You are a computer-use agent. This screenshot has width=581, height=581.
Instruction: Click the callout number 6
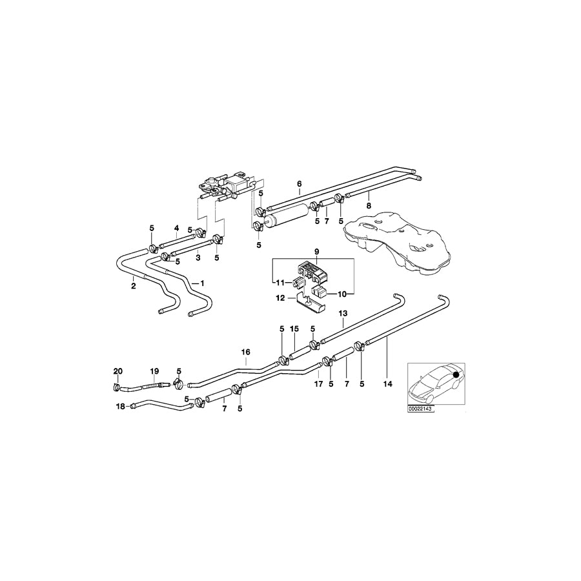(x=299, y=184)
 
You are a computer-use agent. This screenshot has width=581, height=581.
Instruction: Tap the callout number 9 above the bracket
(x=317, y=251)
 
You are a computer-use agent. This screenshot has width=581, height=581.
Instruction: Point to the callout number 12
(x=281, y=298)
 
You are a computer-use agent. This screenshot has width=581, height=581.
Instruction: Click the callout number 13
(x=343, y=313)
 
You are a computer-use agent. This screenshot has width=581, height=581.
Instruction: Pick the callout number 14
(x=387, y=383)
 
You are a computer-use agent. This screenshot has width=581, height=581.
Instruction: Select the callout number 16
(x=245, y=352)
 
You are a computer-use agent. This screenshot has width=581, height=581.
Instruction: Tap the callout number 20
(x=117, y=371)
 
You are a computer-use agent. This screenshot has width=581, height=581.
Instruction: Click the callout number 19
(x=154, y=371)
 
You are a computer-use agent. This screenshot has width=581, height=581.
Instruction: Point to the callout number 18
(x=120, y=407)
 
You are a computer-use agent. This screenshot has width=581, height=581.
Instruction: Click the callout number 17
(x=317, y=383)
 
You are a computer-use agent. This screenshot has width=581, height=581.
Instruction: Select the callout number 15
(x=294, y=329)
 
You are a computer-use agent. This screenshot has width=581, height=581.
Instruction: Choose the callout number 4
(x=176, y=228)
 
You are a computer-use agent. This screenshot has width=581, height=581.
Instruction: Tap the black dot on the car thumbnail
(x=456, y=374)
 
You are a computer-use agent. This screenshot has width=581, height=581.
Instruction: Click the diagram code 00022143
(x=421, y=408)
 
